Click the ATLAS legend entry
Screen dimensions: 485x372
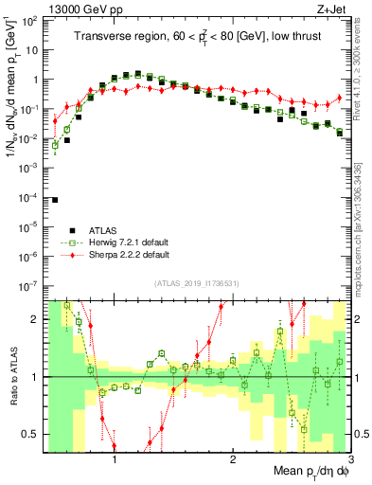pos(104,230)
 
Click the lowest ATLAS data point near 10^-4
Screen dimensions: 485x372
pos(56,200)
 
